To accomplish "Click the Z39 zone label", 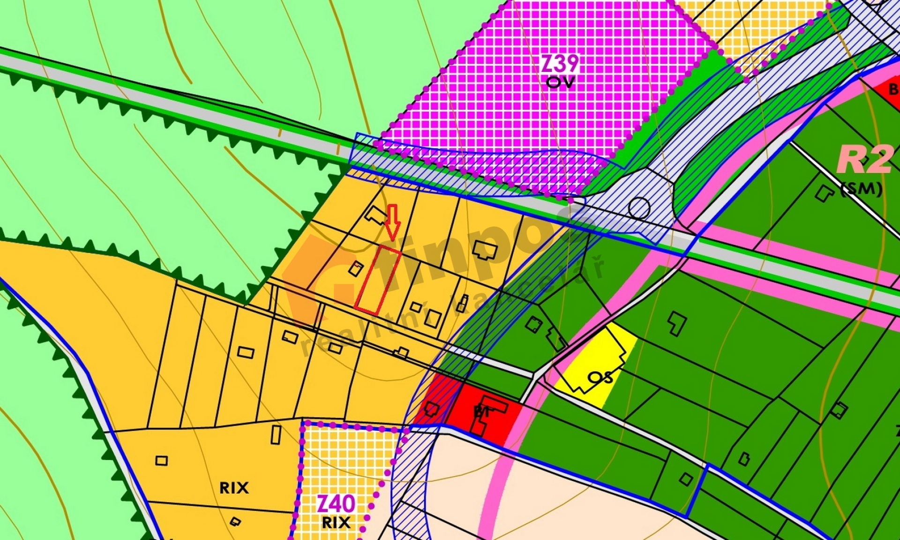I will pyautogui.click(x=560, y=63).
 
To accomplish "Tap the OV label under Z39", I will pyautogui.click(x=560, y=83).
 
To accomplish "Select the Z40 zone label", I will pyautogui.click(x=336, y=504).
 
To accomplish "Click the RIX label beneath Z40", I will pyautogui.click(x=336, y=522).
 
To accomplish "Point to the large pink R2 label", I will pyautogui.click(x=865, y=159).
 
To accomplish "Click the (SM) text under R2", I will pyautogui.click(x=862, y=189).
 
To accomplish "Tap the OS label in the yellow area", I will pyautogui.click(x=600, y=377).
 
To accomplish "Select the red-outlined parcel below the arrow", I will pyautogui.click(x=378, y=280).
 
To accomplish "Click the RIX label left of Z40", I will pyautogui.click(x=234, y=488).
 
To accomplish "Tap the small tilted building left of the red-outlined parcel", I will pyautogui.click(x=356, y=268).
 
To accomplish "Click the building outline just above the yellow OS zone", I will pyautogui.click(x=676, y=324).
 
